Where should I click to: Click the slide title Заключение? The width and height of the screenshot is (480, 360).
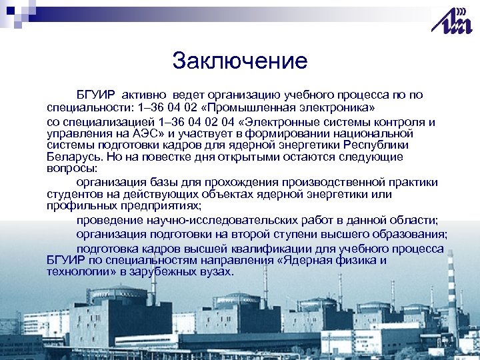click(x=239, y=61)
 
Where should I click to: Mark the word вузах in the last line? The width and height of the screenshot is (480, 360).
click(x=213, y=271)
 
